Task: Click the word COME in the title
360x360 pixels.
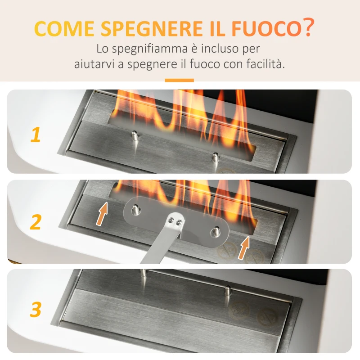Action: pos(64,29)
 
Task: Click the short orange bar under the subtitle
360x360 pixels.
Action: pos(179,81)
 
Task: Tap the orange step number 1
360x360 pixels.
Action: pos(36,135)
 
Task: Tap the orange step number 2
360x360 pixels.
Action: pos(36,222)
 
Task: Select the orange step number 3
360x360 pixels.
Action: pos(36,310)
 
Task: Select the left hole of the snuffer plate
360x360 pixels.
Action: pos(135,209)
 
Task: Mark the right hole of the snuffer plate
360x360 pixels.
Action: pos(215,232)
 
